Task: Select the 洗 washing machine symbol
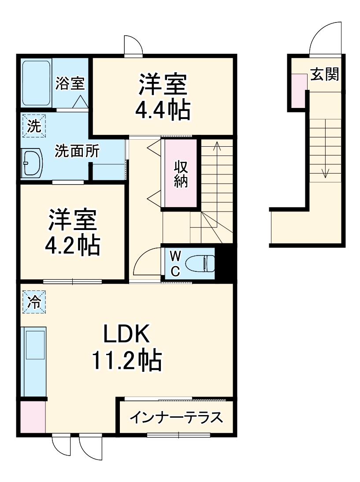coord(34,126)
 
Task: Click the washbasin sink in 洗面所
coord(32,163)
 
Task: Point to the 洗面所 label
coord(77,151)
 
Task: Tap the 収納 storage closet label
coord(181,174)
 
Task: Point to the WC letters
coord(175,263)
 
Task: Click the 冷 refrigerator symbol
coord(34,302)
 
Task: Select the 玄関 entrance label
coord(325,74)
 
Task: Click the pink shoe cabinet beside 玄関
coord(298,91)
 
